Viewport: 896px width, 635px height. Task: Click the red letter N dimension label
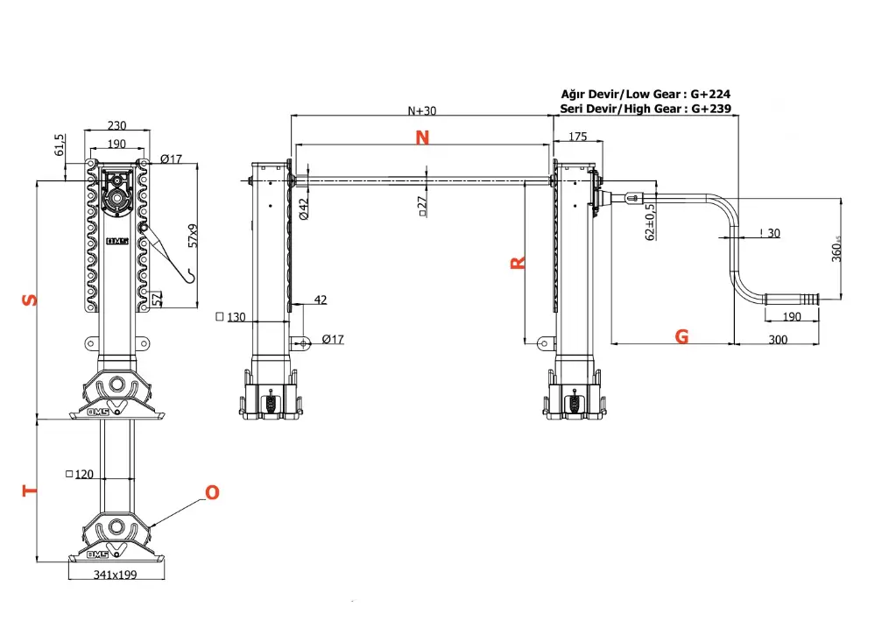pyautogui.click(x=422, y=138)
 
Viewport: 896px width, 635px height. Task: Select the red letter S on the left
pyautogui.click(x=30, y=300)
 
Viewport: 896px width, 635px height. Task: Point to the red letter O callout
pyautogui.click(x=211, y=493)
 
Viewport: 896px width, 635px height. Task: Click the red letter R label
pyautogui.click(x=518, y=262)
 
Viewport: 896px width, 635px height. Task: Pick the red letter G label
pyautogui.click(x=681, y=336)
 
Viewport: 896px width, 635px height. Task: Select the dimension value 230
pyautogui.click(x=116, y=125)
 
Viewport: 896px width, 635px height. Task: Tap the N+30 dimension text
pyautogui.click(x=422, y=111)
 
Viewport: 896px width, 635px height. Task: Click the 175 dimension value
pyautogui.click(x=578, y=137)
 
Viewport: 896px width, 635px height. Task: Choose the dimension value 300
pyautogui.click(x=777, y=339)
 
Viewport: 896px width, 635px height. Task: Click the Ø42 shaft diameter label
pyautogui.click(x=303, y=209)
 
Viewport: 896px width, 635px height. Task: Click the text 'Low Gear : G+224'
pyautogui.click(x=679, y=93)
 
